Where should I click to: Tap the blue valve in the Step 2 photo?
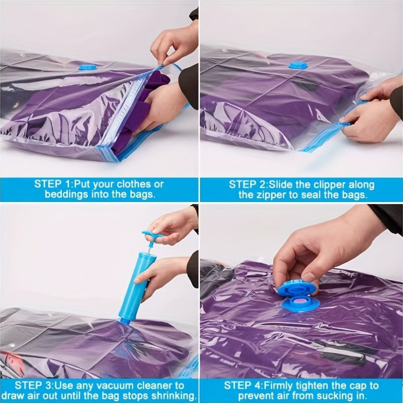[298, 65]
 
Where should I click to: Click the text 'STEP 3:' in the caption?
[35, 385]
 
